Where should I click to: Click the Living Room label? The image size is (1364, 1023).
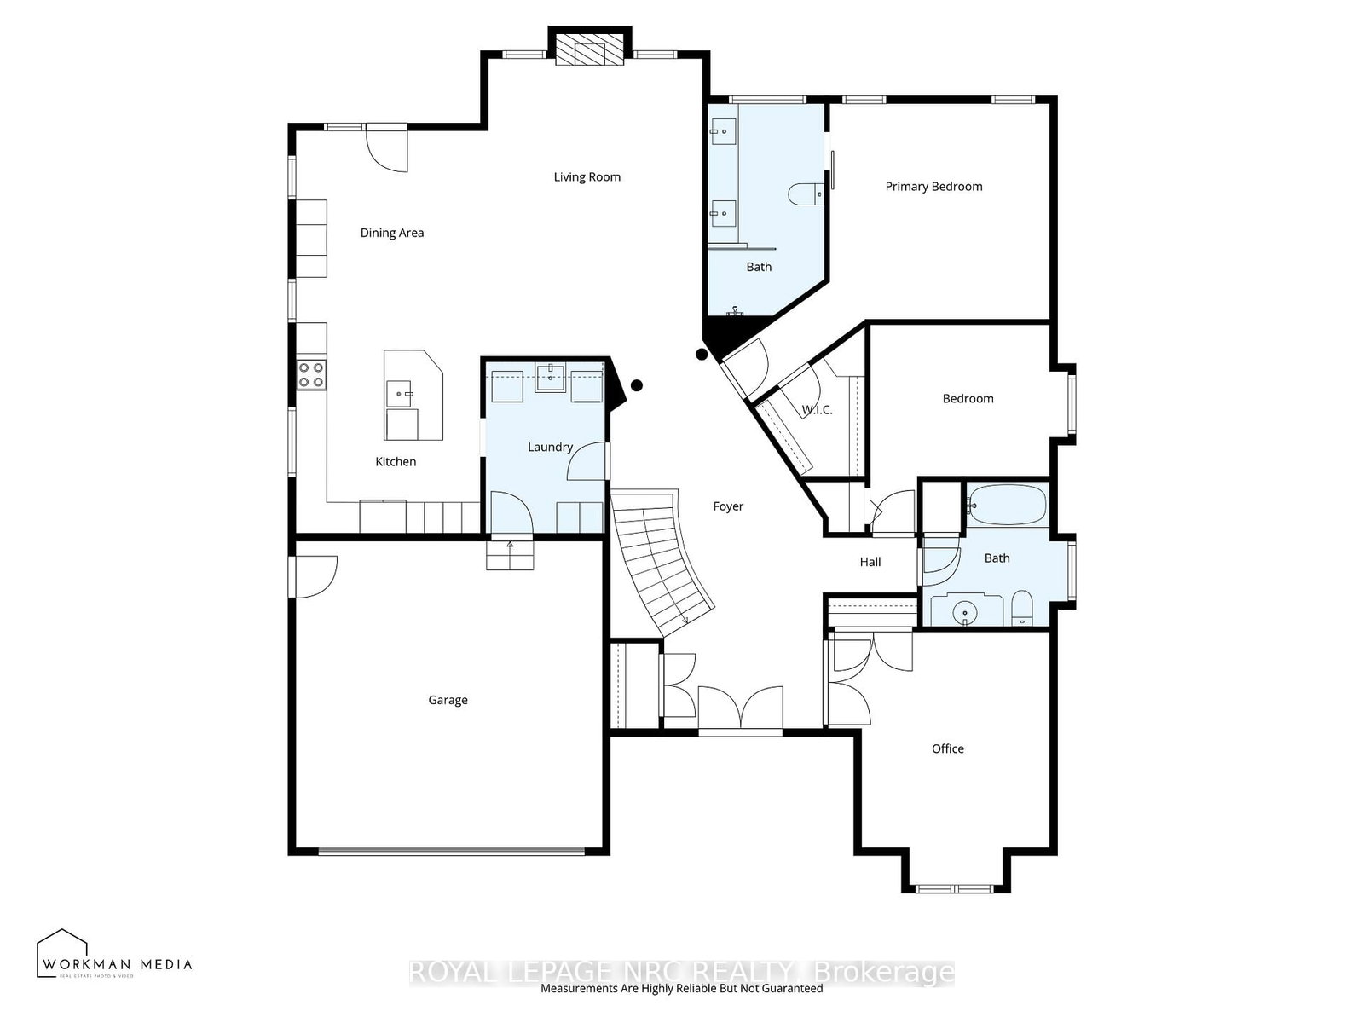click(x=587, y=177)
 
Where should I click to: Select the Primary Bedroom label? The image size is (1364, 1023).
click(x=933, y=187)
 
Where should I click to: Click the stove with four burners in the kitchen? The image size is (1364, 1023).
click(x=311, y=374)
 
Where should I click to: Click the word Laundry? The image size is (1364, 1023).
click(x=550, y=447)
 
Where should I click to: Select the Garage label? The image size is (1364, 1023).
click(x=448, y=700)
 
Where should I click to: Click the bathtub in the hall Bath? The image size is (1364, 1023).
click(x=1006, y=506)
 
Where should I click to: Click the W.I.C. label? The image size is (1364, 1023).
click(x=817, y=410)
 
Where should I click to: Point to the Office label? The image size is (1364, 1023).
click(x=947, y=748)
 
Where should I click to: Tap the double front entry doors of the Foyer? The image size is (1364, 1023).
click(x=740, y=708)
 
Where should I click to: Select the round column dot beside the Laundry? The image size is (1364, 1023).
click(x=636, y=385)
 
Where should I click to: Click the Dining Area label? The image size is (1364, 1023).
click(x=391, y=233)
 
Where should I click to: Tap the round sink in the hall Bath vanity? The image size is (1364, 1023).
click(x=964, y=611)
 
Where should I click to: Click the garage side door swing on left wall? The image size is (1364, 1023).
click(x=314, y=575)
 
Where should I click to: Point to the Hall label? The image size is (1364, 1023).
click(x=870, y=562)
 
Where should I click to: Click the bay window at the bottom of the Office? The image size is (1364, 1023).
click(x=956, y=888)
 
